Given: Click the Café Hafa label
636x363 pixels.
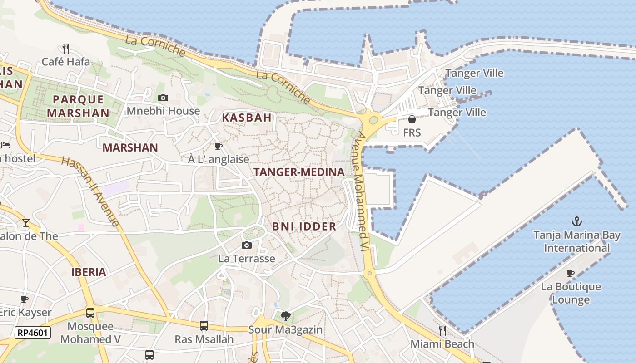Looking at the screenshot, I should coord(66,62).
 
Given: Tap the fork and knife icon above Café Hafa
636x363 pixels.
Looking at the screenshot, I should coord(66,48).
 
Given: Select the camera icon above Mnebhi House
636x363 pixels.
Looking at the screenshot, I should coord(163,98).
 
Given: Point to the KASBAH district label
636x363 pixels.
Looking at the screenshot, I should coord(247,118).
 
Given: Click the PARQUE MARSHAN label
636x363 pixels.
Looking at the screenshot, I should coord(78,106).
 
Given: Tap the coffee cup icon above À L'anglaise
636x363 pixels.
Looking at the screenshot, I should coord(219,146).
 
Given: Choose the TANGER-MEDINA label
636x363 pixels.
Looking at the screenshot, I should coord(299,172).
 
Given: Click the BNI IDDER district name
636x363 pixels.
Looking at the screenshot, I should coord(304,226).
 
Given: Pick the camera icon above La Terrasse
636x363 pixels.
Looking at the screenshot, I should coord(246,245).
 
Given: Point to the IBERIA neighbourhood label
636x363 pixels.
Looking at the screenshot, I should coord(89,272).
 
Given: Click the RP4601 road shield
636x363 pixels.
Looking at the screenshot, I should coord(32,333).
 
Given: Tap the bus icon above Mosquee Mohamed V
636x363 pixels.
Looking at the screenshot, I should coord(90,313).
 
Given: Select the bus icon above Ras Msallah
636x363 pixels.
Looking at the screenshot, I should coord(204,325).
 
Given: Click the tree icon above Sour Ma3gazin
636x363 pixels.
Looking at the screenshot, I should coord(285,316).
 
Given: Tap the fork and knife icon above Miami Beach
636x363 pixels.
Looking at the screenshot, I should coord(442,330).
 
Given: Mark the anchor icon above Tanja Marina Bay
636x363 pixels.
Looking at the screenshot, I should coord(576,221).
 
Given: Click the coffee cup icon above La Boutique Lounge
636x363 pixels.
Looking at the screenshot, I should coord(571,273).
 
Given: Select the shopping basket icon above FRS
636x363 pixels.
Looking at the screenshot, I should coord(412,119).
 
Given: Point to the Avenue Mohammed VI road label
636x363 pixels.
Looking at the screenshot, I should coord(362,191).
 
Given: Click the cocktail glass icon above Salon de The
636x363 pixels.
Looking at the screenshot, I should coord(26,222).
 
